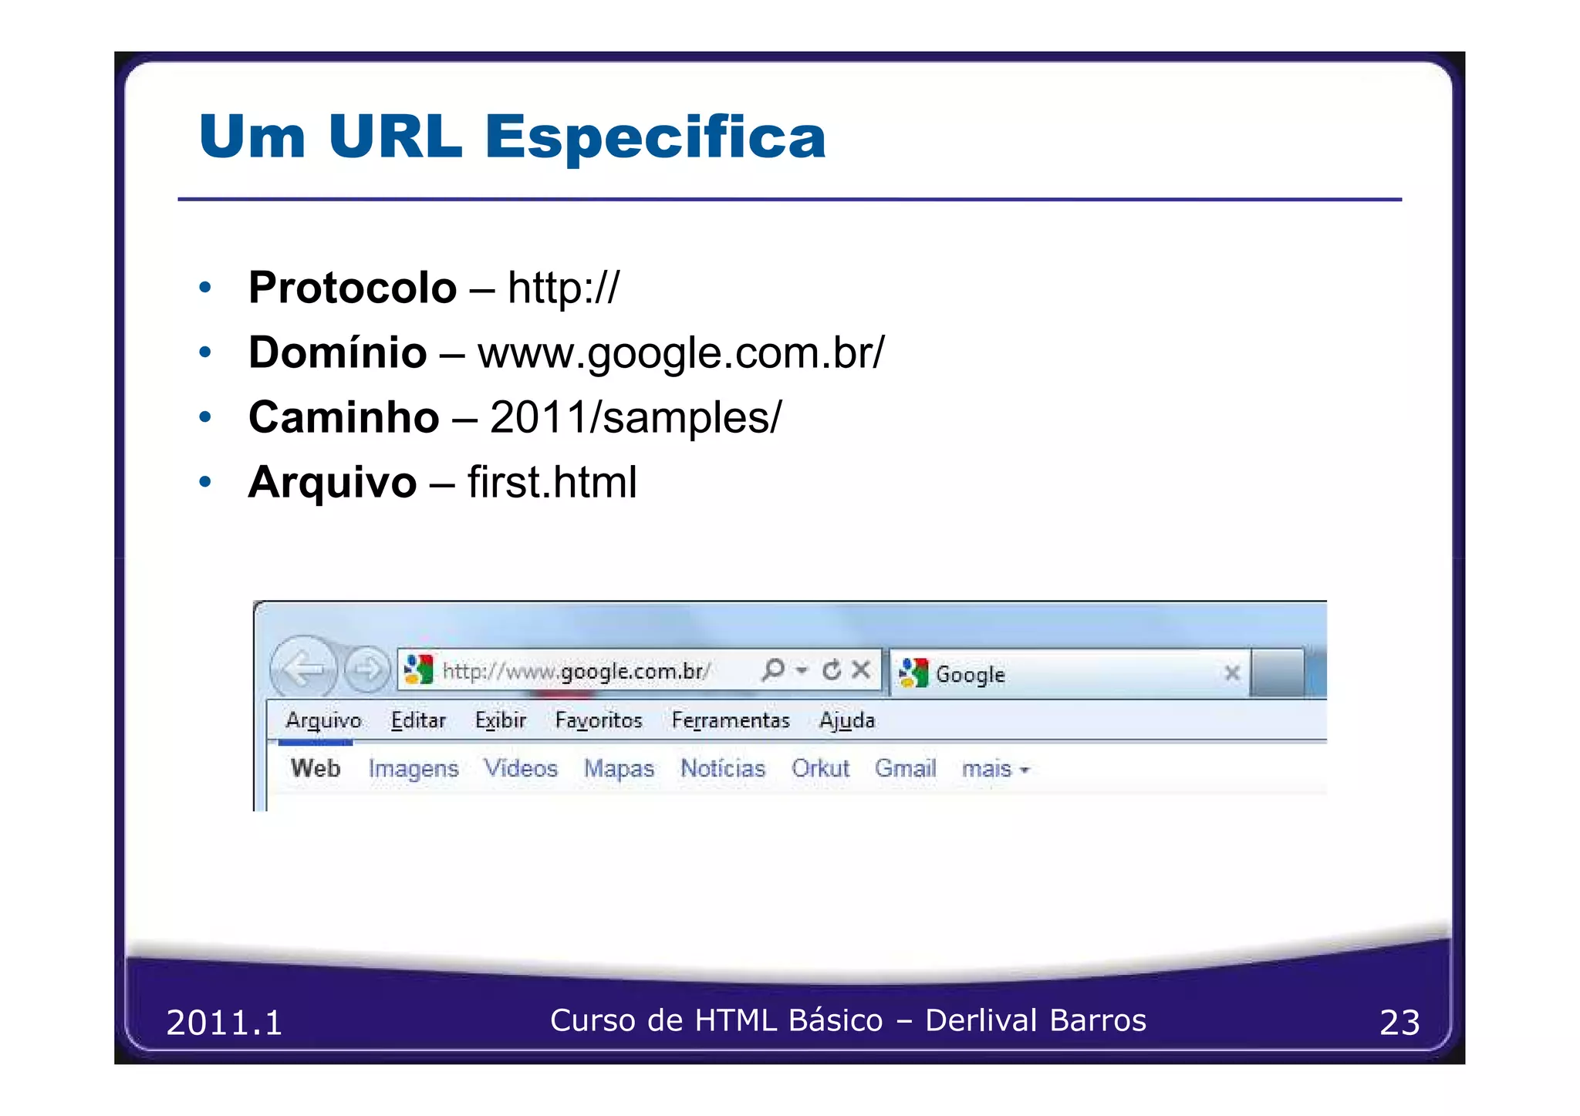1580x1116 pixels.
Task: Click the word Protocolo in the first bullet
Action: coord(352,288)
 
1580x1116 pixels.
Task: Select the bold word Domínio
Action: coord(337,353)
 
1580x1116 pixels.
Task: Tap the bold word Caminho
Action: coord(343,418)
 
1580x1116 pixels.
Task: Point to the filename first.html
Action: coord(552,483)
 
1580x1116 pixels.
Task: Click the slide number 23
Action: coord(1399,1023)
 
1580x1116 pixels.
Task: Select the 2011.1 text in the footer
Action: coord(224,1023)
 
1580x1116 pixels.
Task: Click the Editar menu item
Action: coord(418,720)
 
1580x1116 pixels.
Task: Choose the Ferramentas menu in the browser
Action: coord(730,720)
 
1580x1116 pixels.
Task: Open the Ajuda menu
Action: coord(846,720)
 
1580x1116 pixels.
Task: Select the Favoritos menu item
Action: coord(598,720)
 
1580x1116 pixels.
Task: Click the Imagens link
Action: coord(413,769)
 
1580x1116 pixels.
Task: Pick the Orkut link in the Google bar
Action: coord(819,769)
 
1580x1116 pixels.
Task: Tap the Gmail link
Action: coord(905,769)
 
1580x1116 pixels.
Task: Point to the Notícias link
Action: coord(722,769)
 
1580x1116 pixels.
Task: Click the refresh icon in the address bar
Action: coord(831,670)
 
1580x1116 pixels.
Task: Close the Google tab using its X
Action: coord(1231,673)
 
